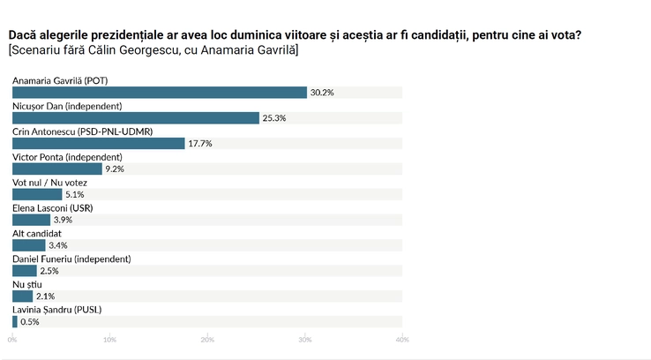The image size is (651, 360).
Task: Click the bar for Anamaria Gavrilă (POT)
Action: pos(160,93)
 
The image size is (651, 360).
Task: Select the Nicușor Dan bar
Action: pos(136,118)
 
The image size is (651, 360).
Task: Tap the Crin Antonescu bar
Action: pos(99,143)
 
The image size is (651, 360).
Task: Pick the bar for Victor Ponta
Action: pos(57,169)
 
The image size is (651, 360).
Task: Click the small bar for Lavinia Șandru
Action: pos(15,321)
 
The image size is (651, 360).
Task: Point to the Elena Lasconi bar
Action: pos(31,220)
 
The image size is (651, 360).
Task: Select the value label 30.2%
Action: pos(322,93)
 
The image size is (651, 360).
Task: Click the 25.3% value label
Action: pos(274,118)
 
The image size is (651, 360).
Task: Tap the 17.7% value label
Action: pos(200,143)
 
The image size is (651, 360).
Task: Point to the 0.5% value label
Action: pos(30,322)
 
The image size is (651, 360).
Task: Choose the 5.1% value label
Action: pos(75,194)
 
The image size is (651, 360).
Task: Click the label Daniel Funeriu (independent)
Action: pos(71,259)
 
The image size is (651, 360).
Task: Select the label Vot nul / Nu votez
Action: pos(49,183)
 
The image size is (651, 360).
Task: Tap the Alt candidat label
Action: pos(37,233)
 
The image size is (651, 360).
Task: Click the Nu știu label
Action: pos(27,285)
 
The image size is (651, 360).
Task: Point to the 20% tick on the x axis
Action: pos(207,340)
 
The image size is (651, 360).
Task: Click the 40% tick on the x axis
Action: pos(402,340)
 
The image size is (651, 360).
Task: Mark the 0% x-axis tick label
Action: pos(12,340)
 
